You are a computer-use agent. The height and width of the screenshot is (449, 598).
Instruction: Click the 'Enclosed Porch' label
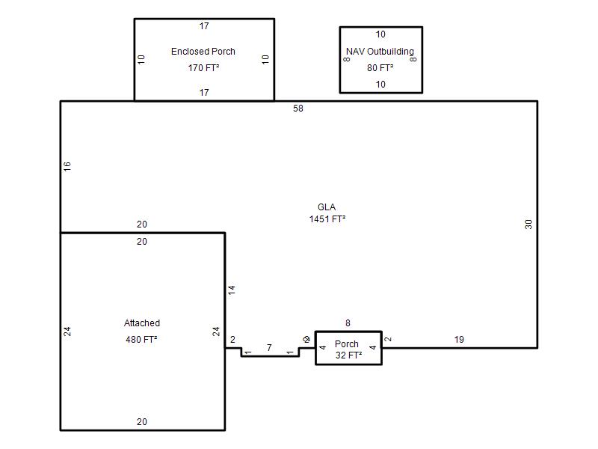point(203,52)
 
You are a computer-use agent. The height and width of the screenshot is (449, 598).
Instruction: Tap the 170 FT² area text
point(203,67)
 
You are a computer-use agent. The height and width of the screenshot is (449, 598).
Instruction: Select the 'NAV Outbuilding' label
point(380,52)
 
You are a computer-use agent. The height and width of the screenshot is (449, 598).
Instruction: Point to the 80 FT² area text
point(380,67)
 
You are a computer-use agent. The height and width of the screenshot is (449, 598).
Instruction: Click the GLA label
point(327,207)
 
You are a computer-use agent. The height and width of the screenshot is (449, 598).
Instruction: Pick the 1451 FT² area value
point(327,219)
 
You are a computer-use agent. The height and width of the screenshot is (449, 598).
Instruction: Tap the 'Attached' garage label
point(141,323)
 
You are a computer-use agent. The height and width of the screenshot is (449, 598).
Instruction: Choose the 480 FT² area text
point(141,339)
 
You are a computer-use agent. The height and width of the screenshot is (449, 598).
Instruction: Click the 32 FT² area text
point(348,355)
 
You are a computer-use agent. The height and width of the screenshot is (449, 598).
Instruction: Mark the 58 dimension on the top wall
point(298,109)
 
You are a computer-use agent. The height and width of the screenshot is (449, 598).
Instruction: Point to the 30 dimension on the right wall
point(528,224)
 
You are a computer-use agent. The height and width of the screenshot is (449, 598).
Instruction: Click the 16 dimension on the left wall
point(67,166)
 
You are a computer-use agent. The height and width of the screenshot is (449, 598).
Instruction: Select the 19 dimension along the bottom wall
point(459,340)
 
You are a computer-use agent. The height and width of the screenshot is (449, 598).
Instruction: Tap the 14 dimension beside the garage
point(232,290)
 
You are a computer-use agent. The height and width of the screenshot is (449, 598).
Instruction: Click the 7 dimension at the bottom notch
point(269,348)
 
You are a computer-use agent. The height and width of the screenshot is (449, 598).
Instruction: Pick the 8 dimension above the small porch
point(348,323)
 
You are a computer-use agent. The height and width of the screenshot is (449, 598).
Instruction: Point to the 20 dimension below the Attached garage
point(142,422)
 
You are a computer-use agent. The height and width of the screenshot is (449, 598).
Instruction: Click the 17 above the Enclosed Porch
point(204,26)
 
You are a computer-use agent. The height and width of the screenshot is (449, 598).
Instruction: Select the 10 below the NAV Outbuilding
point(380,85)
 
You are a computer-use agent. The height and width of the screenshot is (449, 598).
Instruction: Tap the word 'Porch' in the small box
point(347,344)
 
